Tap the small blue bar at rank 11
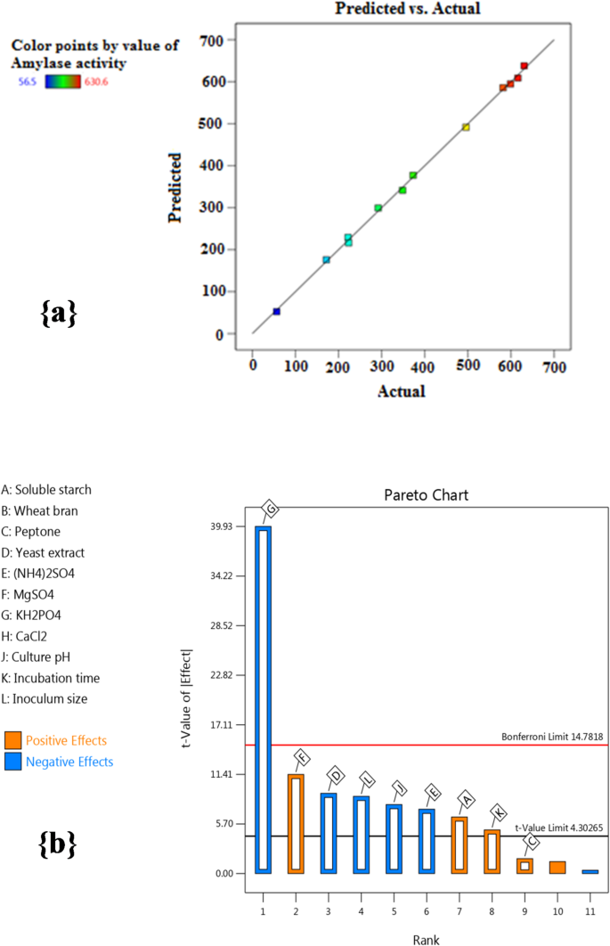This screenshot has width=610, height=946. tap(590, 871)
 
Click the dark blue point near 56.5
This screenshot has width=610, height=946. tap(276, 311)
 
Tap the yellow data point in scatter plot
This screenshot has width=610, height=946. tap(466, 127)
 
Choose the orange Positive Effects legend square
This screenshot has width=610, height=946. tap(12, 741)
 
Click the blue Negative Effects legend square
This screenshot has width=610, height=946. tap(12, 762)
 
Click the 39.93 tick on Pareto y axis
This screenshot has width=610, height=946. tap(223, 526)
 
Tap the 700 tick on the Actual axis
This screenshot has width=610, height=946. tap(554, 366)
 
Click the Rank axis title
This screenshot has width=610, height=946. tap(425, 939)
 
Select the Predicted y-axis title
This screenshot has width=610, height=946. tap(175, 188)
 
